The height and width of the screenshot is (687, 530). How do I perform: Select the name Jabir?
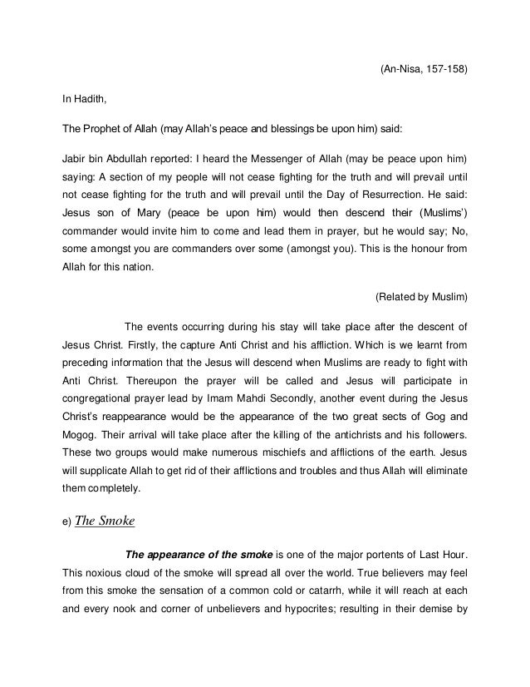(x=76, y=158)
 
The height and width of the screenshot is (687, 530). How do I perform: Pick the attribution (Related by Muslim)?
(x=422, y=295)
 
